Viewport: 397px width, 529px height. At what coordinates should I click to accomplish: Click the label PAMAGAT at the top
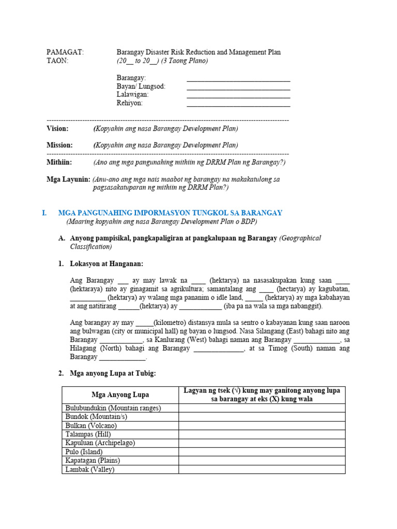tap(65, 52)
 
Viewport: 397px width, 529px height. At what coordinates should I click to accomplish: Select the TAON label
tap(57, 61)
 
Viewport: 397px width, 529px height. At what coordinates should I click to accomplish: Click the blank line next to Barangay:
tap(238, 80)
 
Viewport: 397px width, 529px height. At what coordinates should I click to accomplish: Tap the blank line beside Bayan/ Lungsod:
tap(238, 89)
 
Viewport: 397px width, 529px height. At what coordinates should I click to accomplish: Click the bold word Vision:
tap(57, 129)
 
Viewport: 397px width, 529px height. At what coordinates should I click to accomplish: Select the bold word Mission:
tap(59, 145)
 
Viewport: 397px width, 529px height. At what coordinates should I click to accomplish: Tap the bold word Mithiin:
tap(59, 162)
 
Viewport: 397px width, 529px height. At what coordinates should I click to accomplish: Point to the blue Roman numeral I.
tap(44, 213)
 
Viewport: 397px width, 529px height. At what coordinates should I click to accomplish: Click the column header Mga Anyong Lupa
tap(120, 395)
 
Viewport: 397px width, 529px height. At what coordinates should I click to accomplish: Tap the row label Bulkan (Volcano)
tap(90, 425)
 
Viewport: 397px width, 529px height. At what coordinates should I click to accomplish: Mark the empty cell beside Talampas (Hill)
tap(262, 434)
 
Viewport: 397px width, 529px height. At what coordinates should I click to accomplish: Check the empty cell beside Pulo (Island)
tap(262, 452)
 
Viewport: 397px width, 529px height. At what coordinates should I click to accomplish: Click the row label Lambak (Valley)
tap(89, 470)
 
